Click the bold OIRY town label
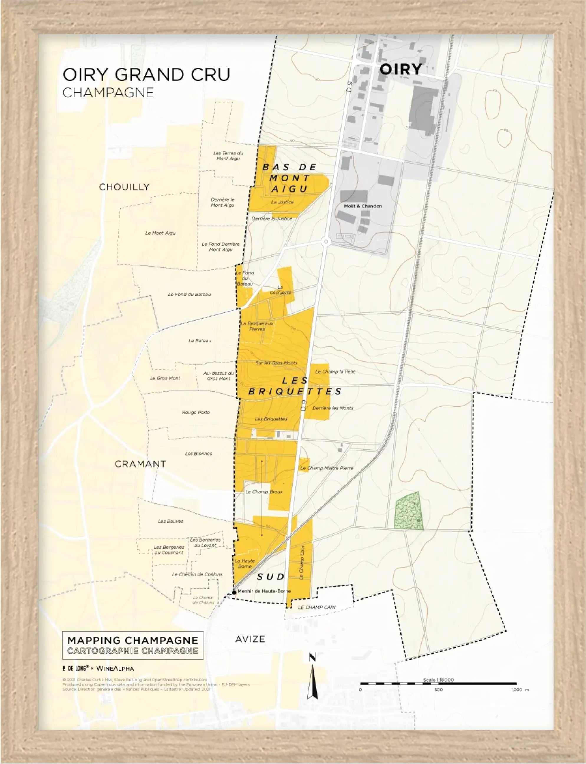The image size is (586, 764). coord(400,69)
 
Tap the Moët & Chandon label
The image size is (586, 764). coord(363,206)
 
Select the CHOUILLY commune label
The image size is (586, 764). coord(124,187)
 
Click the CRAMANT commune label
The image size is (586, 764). coord(140,464)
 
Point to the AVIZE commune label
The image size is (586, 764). coord(250,639)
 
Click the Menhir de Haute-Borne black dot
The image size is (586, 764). coord(234,592)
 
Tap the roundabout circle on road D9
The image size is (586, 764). coord(326,241)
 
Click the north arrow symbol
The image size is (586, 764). coord(312,678)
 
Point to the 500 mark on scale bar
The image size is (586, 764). coord(438,690)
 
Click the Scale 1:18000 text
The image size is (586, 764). coord(438,680)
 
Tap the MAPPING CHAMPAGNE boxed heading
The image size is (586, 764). coord(133,640)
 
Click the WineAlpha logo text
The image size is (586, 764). coord(115,668)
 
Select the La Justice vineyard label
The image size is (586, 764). coord(282,202)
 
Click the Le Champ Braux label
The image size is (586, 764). coord(264,492)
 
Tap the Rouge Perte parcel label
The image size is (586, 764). coord(196,413)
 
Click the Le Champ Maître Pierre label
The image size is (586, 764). coord(327,468)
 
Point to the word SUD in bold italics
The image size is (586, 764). coord(271,577)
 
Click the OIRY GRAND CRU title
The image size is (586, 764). coord(146,75)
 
